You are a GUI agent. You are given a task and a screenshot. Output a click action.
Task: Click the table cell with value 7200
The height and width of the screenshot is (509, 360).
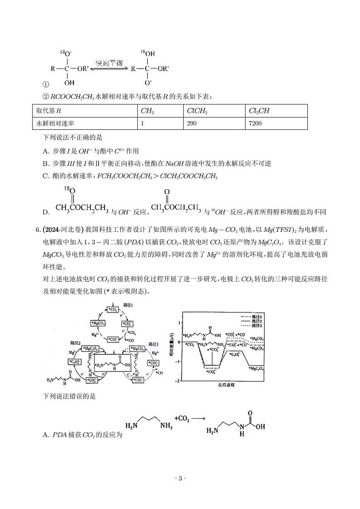click(x=255, y=123)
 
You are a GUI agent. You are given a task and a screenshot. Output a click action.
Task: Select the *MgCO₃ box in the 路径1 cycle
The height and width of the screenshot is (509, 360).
click(x=98, y=323)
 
